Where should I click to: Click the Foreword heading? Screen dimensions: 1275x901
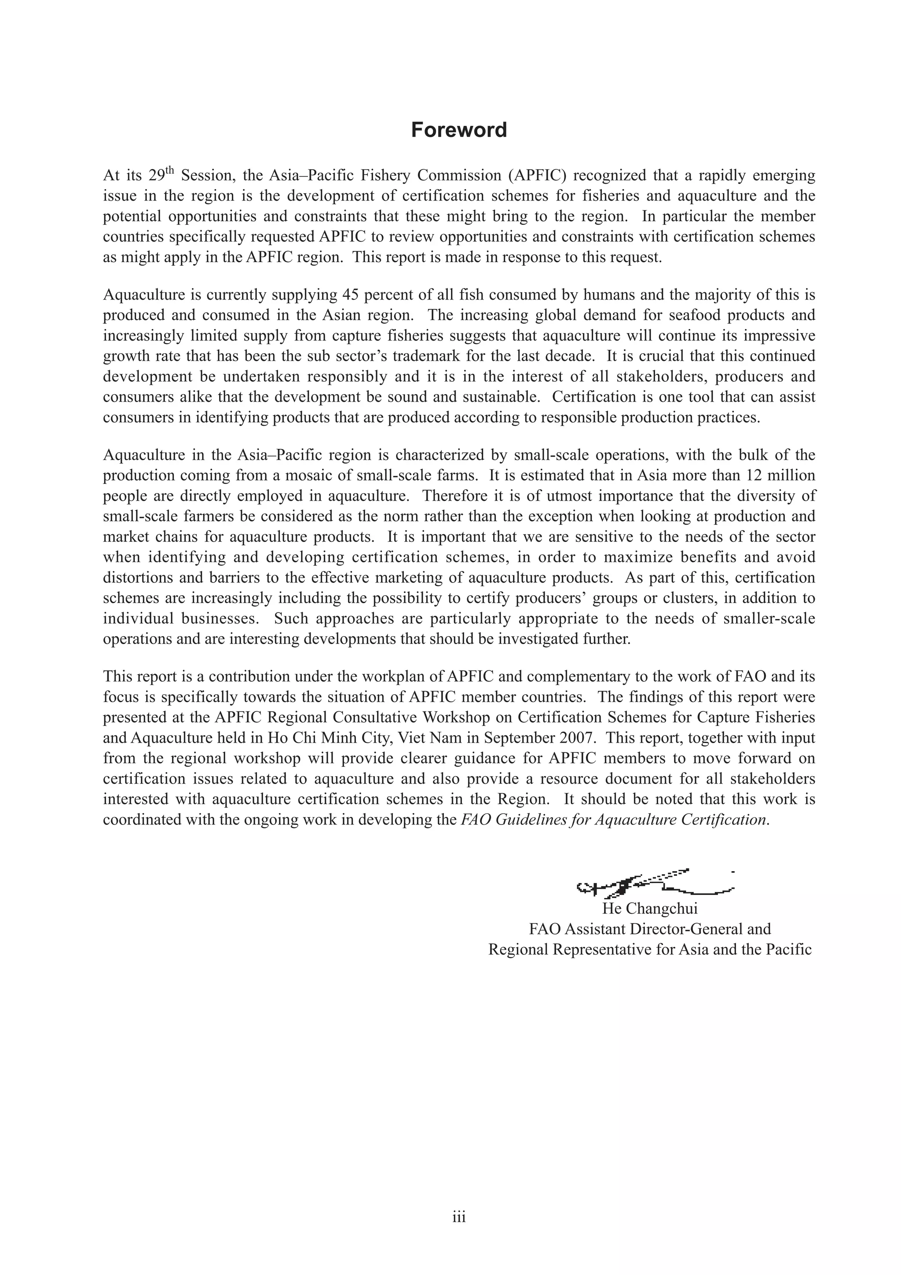tap(458, 130)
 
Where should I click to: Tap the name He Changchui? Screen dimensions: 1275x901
tap(649, 909)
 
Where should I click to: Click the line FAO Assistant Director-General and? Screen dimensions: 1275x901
tap(649, 929)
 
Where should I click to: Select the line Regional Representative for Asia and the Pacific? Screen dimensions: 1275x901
tap(649, 949)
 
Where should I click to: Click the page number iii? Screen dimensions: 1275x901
tap(458, 1217)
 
